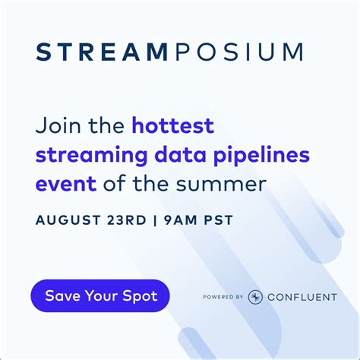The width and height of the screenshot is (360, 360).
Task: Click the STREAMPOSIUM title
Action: point(170,52)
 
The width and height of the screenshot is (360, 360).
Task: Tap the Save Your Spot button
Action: point(99,295)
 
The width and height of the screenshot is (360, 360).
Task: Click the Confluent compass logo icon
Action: point(256,296)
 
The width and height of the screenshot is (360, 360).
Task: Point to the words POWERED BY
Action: point(223,297)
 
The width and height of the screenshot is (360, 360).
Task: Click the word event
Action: point(62,183)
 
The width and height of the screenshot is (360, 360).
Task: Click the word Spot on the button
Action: point(139,295)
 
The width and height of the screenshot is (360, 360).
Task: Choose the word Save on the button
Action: point(61,295)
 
